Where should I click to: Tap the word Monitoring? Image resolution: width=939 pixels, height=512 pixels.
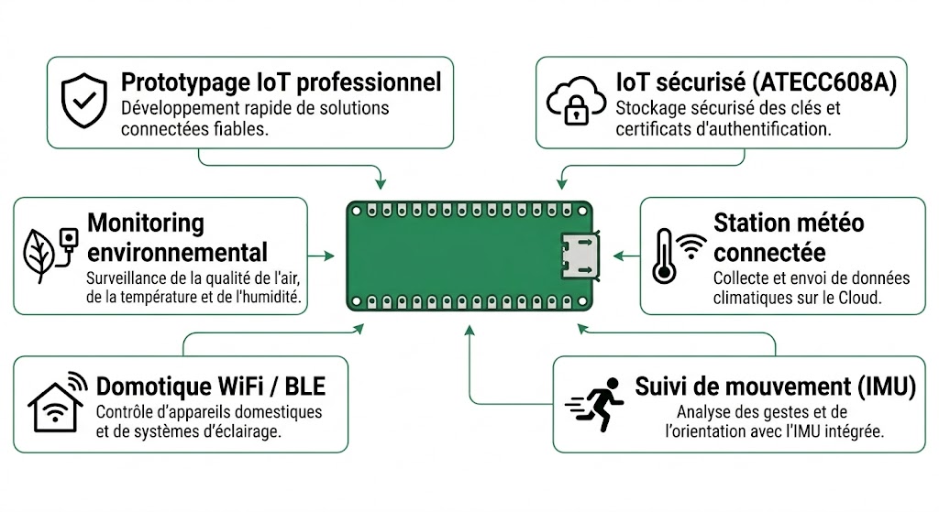click(146, 223)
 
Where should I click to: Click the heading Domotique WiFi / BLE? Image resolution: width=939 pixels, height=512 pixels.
click(210, 387)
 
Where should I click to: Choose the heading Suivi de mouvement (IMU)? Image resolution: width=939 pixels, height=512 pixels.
click(775, 387)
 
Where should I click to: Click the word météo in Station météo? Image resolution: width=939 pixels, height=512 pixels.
click(826, 223)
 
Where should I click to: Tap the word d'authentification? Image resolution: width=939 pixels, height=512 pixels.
click(760, 129)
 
